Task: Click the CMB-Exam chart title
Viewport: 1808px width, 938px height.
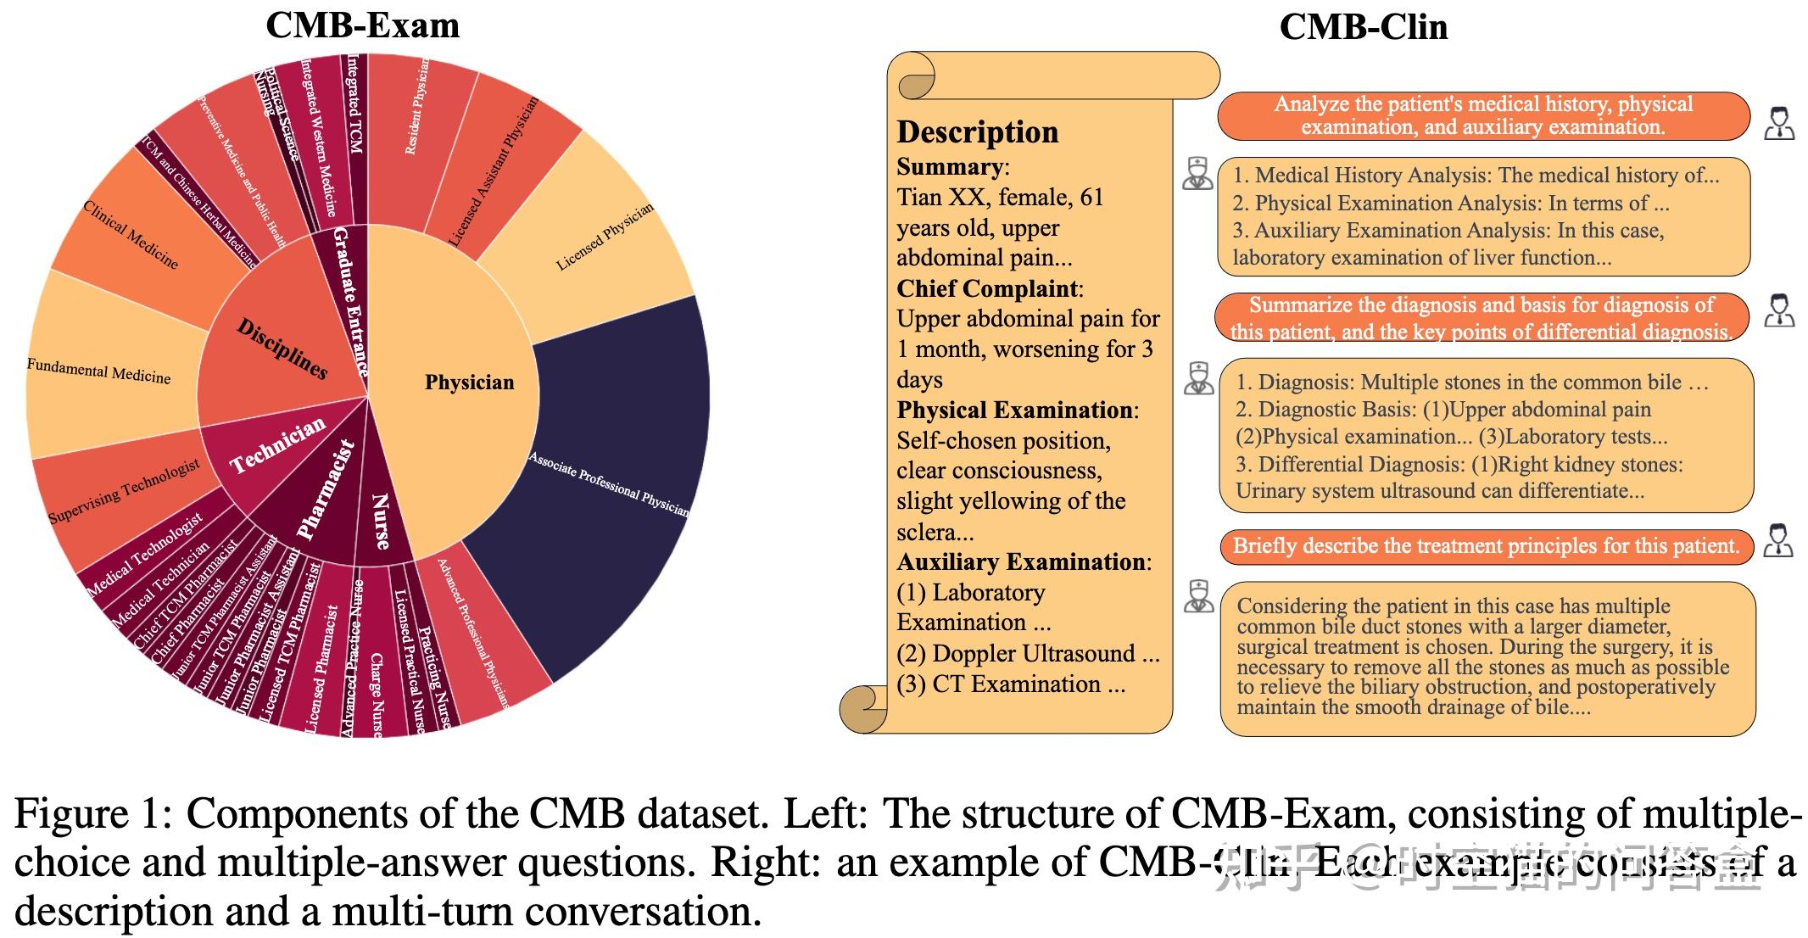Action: click(x=362, y=25)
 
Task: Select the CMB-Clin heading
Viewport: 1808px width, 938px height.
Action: click(x=1363, y=27)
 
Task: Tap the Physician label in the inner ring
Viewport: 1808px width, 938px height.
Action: click(x=469, y=382)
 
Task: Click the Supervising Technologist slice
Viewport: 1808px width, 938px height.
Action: click(x=124, y=493)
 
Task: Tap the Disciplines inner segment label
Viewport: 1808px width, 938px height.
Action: click(x=282, y=349)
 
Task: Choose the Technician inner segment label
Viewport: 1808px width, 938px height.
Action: click(x=277, y=445)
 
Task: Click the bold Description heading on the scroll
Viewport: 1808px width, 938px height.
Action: click(x=978, y=132)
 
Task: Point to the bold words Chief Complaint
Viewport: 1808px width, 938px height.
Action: click(x=986, y=288)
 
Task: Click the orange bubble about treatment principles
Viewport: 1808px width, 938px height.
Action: click(x=1486, y=546)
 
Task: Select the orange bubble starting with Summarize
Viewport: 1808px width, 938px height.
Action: click(x=1482, y=318)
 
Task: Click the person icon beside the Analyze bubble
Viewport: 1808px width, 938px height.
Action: click(x=1778, y=123)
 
